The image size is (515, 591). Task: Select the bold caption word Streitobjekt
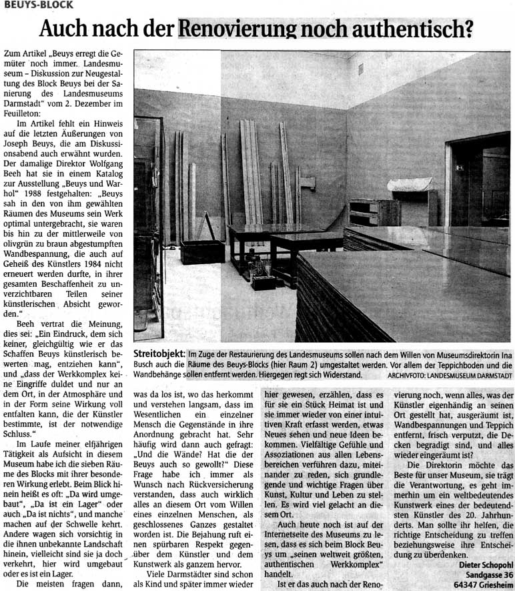click(160, 354)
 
